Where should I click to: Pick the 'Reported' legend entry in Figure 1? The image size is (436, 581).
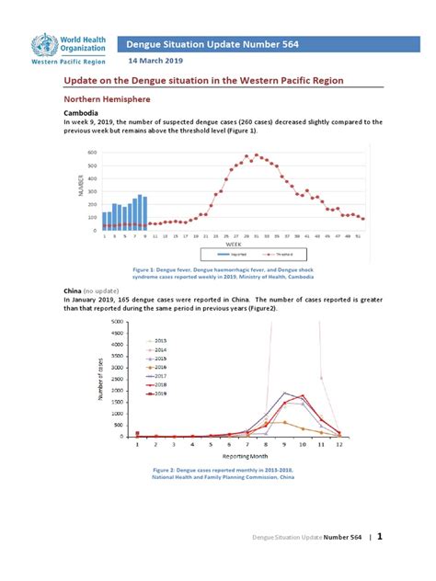click(x=220, y=254)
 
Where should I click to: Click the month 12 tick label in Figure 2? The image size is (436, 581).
click(x=339, y=444)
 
